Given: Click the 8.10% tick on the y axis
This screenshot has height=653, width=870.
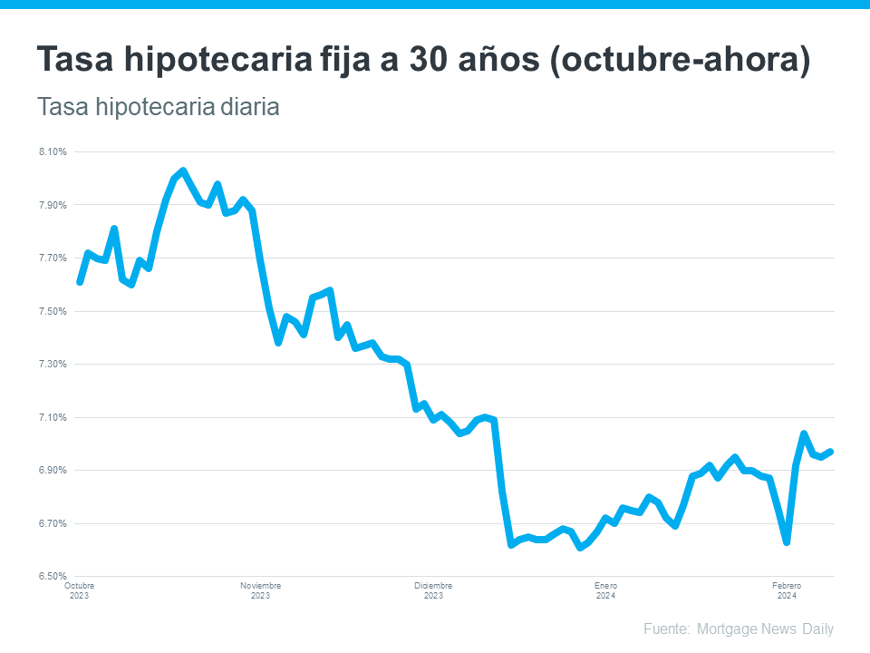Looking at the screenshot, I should (53, 151).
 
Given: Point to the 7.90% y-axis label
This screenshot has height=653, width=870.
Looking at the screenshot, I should (53, 205).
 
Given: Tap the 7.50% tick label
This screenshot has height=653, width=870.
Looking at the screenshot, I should (53, 311).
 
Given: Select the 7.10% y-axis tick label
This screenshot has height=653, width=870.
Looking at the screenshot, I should (53, 417).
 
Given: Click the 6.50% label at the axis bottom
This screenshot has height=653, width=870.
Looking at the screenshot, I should (53, 576).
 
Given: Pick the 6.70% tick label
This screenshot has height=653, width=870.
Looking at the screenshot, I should (53, 523).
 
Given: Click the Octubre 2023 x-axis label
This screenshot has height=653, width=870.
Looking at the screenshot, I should (79, 590).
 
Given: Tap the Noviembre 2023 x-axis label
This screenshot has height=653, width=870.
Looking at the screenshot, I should (260, 590).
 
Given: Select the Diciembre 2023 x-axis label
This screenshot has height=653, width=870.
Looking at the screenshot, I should (433, 590).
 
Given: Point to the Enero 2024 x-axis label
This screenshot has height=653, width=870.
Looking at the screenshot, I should (605, 590).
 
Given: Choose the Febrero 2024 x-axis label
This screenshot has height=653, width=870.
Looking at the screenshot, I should (787, 590).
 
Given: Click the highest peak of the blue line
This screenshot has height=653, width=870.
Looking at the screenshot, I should (183, 171).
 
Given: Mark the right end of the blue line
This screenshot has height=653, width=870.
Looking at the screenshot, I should (830, 451).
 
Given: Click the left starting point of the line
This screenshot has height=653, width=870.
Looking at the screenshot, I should (80, 282).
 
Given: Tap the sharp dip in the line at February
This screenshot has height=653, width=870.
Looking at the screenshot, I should (787, 542).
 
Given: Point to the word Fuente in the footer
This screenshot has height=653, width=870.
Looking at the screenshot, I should (666, 629).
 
